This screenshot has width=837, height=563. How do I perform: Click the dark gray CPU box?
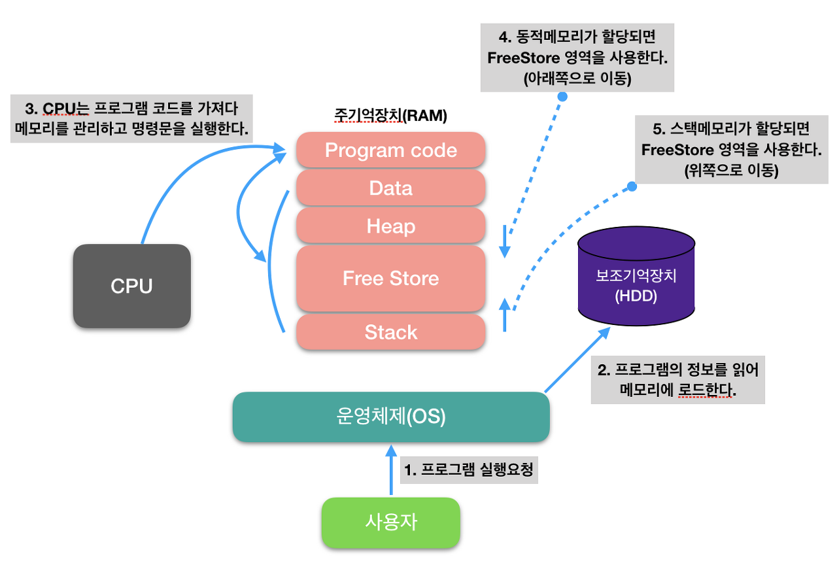tap(131, 286)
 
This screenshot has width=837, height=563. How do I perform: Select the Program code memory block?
tap(390, 150)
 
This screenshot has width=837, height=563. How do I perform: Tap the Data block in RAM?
tap(390, 188)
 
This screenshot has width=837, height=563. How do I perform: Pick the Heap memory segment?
tap(390, 226)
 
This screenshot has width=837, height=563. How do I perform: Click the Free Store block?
tap(390, 279)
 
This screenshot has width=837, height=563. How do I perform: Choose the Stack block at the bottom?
tap(390, 332)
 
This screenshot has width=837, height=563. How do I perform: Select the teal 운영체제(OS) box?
tap(391, 417)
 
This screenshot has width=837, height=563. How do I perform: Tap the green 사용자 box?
tap(390, 522)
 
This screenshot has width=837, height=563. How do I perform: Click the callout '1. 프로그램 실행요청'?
tap(468, 469)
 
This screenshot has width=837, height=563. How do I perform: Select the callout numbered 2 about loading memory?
tap(678, 380)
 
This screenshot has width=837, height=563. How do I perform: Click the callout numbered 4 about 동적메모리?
tap(577, 58)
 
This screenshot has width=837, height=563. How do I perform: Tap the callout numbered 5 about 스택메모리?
tap(731, 150)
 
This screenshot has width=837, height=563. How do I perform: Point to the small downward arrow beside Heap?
tap(504, 242)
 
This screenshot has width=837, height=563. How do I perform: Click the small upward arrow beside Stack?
tap(504, 314)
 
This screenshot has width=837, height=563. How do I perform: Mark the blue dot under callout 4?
tap(562, 96)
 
